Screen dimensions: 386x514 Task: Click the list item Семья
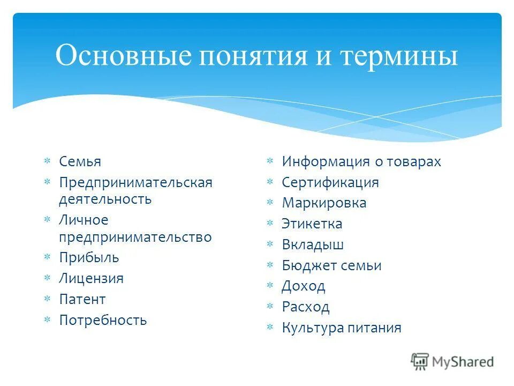80,161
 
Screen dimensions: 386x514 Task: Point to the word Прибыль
89,257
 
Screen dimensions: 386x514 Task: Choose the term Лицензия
91,278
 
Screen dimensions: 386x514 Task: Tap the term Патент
82,299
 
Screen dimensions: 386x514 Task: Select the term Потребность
103,321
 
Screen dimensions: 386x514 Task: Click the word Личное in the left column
84,220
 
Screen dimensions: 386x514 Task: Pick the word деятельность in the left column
105,199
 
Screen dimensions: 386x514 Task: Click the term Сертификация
330,182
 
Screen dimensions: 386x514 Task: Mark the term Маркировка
324,203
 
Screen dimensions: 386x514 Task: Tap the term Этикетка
312,224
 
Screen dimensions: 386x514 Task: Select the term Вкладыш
313,245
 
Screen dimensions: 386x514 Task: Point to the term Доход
303,286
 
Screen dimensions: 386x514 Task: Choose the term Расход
305,307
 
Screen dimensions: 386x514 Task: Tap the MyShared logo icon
420,362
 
